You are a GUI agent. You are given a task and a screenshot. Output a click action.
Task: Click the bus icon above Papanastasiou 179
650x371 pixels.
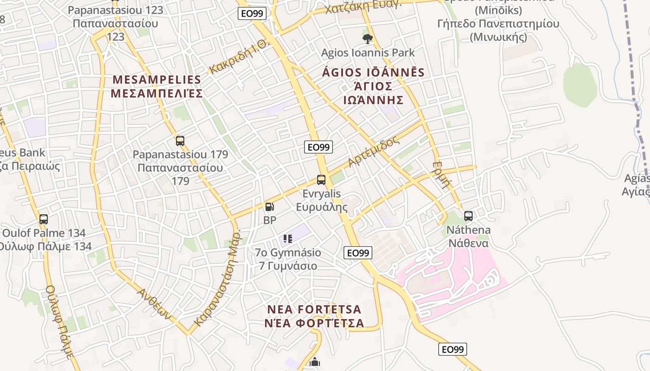point(180,141)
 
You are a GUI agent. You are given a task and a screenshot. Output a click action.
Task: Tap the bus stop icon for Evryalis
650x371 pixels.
point(321,180)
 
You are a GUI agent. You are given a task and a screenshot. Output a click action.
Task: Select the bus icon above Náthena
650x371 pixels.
point(468,216)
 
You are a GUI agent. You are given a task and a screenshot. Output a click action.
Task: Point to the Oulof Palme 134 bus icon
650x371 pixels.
point(44,219)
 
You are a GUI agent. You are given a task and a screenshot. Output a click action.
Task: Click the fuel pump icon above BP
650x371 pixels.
point(269,207)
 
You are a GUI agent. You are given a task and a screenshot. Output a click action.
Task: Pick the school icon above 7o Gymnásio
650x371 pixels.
point(288,239)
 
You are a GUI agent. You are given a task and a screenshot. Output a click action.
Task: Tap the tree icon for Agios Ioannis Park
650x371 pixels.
point(368,38)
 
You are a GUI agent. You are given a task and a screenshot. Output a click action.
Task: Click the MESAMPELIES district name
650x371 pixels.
point(157,80)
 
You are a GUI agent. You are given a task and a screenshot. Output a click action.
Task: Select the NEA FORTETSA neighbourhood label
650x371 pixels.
point(314,309)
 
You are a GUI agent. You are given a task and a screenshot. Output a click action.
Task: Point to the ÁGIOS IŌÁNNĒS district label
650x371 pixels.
point(373,73)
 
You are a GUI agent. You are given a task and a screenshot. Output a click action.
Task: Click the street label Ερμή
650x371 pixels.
point(441,174)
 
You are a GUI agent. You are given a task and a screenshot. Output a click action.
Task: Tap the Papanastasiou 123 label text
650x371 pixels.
point(116,10)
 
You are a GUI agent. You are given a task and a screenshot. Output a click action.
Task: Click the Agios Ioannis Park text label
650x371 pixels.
point(368,53)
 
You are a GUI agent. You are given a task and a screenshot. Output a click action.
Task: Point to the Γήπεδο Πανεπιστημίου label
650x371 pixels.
point(498,24)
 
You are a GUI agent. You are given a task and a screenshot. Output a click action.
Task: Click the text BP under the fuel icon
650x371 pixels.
point(269,220)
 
